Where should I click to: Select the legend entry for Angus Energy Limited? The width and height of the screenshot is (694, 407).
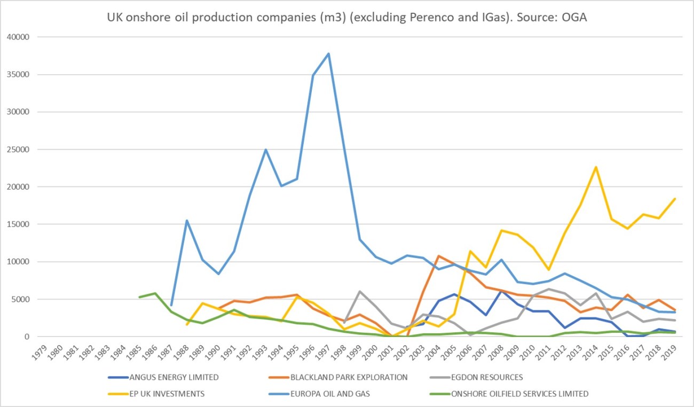click(173, 377)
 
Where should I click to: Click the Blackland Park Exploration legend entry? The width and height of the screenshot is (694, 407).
click(349, 377)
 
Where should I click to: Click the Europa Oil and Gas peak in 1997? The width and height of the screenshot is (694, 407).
click(328, 53)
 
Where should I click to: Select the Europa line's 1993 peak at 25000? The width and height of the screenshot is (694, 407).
click(265, 150)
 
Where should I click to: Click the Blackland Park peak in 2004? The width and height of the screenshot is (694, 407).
click(439, 256)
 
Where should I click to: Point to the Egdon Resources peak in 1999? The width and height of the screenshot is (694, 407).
click(360, 291)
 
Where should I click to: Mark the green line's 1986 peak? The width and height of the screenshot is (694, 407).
click(155, 293)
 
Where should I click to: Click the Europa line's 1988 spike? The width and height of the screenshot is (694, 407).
click(187, 221)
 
